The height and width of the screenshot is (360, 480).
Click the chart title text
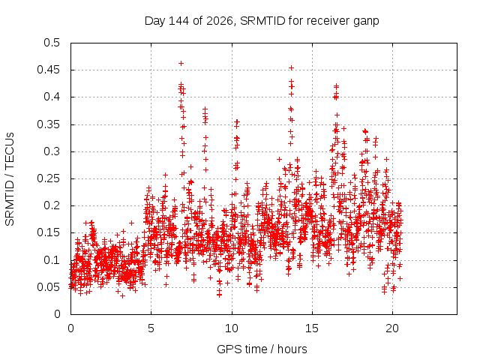pos(262,21)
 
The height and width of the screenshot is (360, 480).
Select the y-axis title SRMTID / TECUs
pos(10,179)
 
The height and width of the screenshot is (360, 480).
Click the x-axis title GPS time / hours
pos(262,349)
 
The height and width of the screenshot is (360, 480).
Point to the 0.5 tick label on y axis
pos(52,43)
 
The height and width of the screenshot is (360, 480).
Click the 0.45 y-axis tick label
pos(48,70)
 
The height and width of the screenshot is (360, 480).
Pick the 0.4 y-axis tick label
pos(52,97)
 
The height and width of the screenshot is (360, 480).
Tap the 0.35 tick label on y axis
pos(48,124)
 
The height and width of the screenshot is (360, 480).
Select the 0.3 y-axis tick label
pos(52,151)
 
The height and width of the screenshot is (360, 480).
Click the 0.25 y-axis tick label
pos(48,178)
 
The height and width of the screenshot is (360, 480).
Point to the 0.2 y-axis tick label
pos(52,205)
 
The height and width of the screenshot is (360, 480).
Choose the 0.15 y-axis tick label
pos(48,232)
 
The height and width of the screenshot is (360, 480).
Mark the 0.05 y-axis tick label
pos(48,287)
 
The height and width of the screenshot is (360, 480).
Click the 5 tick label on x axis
pos(151,328)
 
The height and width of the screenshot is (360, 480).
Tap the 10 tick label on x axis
pos(232,328)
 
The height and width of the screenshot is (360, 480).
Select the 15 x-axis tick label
pos(312,328)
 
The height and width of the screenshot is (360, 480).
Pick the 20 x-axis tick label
pos(392,328)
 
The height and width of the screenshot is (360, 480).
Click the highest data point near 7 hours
pos(181,63)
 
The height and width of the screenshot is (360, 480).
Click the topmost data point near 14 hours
pos(292,67)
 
